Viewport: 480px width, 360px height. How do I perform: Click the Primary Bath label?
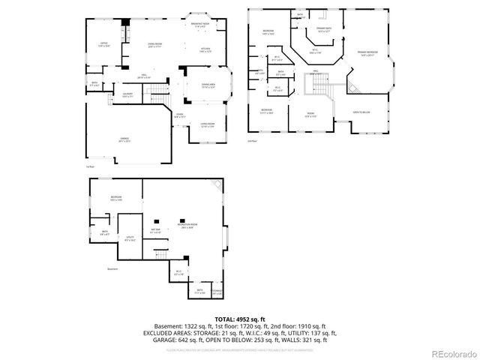point(323,31)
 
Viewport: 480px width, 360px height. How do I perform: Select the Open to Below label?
point(362,112)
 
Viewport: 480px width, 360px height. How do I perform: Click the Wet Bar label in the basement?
point(156,231)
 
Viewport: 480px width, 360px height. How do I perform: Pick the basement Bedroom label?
point(116,199)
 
